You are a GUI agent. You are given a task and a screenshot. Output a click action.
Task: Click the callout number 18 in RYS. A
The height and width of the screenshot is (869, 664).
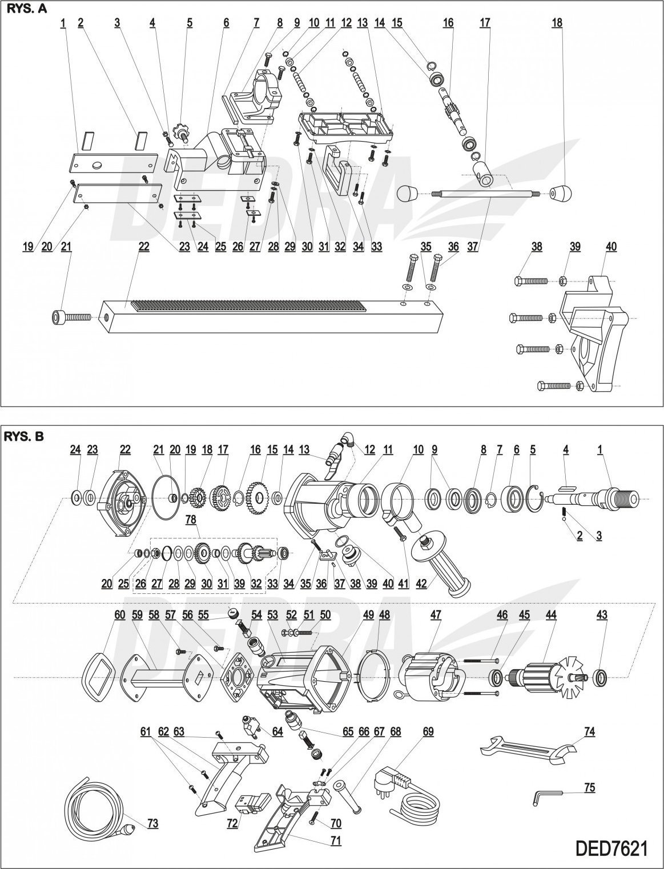pyautogui.click(x=557, y=23)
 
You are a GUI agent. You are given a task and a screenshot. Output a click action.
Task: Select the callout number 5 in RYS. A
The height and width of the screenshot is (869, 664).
pyautogui.click(x=190, y=23)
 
